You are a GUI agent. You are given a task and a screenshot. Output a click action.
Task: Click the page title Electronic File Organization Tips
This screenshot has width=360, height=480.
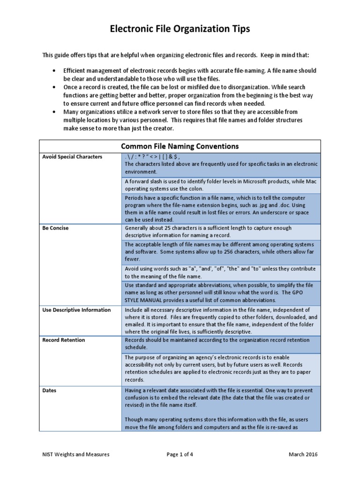(180, 29)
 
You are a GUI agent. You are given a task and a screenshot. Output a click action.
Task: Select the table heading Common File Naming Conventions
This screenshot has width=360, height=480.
(180, 146)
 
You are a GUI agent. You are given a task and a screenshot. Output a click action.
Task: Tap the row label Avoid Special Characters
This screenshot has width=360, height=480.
(72, 157)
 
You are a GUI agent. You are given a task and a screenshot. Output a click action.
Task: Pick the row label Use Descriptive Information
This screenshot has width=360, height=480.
(76, 310)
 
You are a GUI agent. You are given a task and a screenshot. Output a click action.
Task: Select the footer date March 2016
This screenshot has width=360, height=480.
(303, 455)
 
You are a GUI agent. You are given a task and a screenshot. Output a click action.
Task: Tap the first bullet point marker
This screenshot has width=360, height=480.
(55, 70)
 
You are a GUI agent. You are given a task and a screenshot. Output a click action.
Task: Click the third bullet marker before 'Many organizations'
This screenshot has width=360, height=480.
(55, 112)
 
